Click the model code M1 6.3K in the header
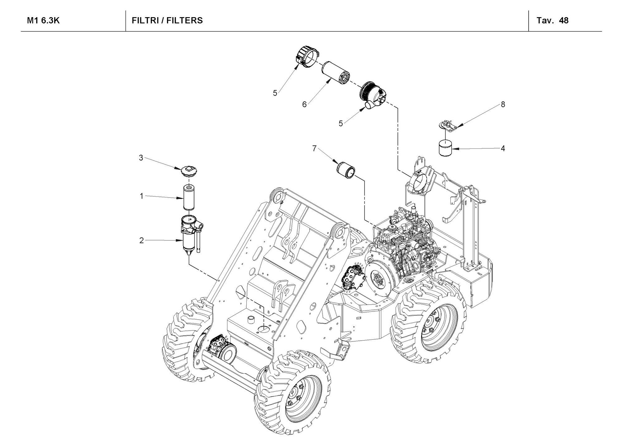click(43, 21)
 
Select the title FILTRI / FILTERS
click(167, 21)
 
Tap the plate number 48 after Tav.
click(564, 21)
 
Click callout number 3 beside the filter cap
click(141, 158)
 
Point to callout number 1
click(141, 196)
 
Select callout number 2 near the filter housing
click(141, 240)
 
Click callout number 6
click(304, 104)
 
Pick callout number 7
click(314, 148)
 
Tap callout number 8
click(503, 104)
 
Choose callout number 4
click(503, 148)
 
